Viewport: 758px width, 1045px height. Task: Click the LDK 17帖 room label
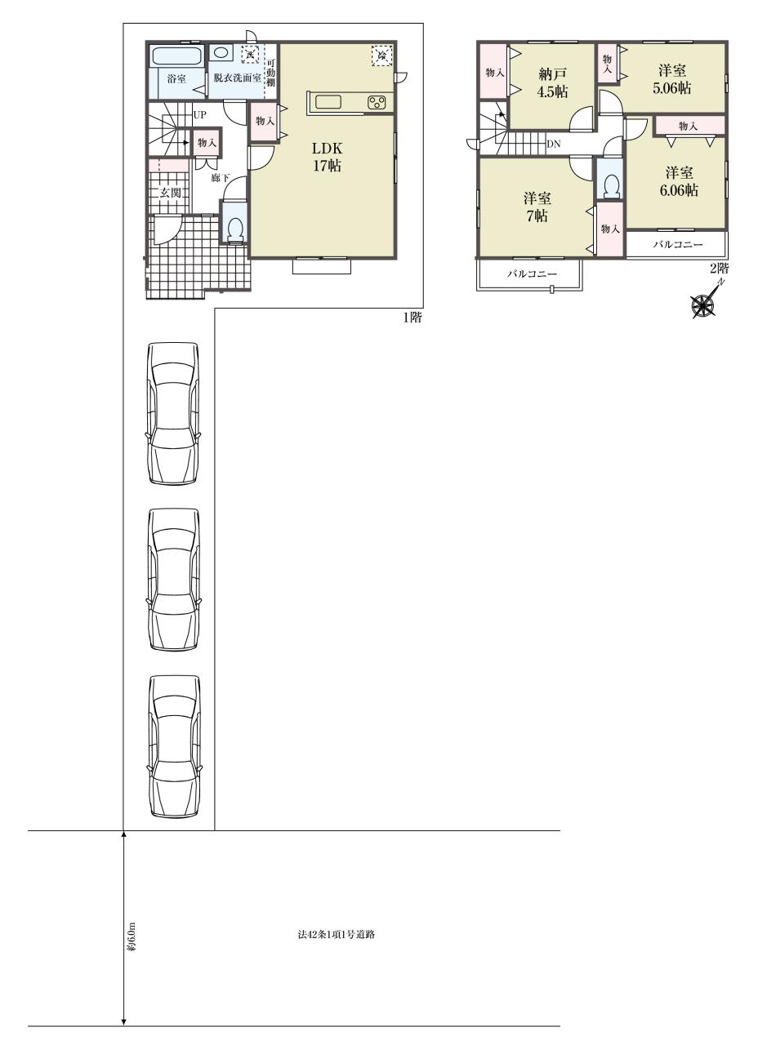[327, 157]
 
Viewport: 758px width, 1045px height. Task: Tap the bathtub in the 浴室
[176, 56]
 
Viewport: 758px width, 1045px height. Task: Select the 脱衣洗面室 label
[237, 78]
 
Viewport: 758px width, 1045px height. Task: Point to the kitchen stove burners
[377, 102]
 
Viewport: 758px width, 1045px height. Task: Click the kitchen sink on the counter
[329, 101]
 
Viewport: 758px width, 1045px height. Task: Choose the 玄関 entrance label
[171, 192]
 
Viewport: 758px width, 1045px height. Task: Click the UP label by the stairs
[199, 115]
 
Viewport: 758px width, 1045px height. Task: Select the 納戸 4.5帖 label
[553, 82]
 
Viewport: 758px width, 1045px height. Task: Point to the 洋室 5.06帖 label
[672, 79]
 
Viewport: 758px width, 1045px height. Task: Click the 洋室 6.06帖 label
[679, 181]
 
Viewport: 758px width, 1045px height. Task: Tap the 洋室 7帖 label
[537, 207]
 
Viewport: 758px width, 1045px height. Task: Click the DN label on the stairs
[554, 145]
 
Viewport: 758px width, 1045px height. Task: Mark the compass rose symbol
[703, 303]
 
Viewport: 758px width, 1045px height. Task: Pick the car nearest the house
[174, 413]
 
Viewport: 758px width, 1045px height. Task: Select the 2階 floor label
[720, 269]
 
